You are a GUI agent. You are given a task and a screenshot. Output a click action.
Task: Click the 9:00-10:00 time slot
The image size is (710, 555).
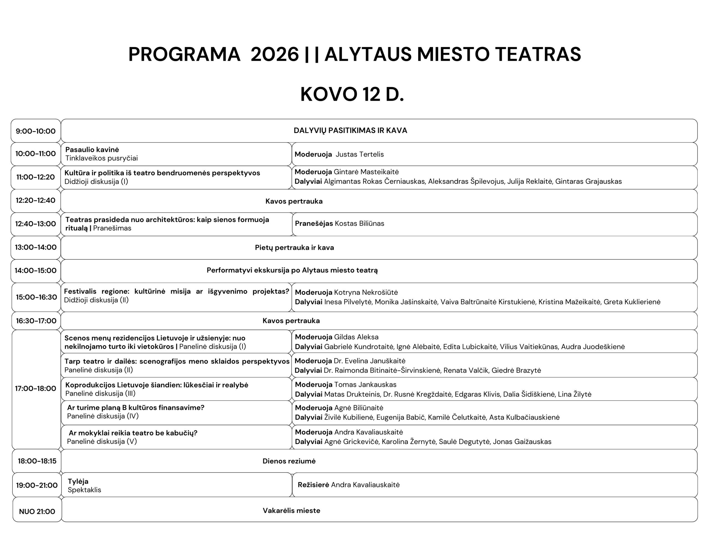(x=35, y=131)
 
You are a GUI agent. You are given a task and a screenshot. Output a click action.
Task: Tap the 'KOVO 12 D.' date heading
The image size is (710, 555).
(x=352, y=95)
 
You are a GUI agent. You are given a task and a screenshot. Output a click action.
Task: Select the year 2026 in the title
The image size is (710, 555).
(x=274, y=54)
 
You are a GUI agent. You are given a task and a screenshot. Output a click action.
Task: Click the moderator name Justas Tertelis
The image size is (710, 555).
(x=359, y=154)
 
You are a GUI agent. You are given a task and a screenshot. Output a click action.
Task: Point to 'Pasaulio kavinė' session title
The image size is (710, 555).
(x=92, y=150)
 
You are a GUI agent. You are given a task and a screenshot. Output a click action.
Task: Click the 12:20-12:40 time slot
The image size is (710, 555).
(x=35, y=200)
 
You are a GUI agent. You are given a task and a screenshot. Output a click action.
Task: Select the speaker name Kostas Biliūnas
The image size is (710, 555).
(x=359, y=223)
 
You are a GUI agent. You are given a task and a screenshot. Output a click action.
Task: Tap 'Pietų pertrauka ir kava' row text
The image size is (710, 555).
(x=294, y=248)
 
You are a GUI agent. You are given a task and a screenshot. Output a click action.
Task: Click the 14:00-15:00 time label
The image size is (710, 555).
(x=35, y=270)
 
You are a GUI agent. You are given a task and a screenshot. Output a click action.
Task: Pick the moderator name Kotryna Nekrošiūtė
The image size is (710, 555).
(x=366, y=292)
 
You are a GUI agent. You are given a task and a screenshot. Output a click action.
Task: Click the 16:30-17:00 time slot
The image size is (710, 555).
(x=36, y=321)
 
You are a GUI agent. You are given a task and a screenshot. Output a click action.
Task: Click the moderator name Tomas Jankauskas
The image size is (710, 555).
(x=365, y=385)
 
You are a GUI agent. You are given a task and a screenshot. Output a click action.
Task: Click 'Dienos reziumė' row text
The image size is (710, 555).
(x=289, y=461)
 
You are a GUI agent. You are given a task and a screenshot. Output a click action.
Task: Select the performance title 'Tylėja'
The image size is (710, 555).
(x=78, y=481)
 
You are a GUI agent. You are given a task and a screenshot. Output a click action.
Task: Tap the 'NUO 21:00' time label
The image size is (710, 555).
(x=37, y=511)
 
